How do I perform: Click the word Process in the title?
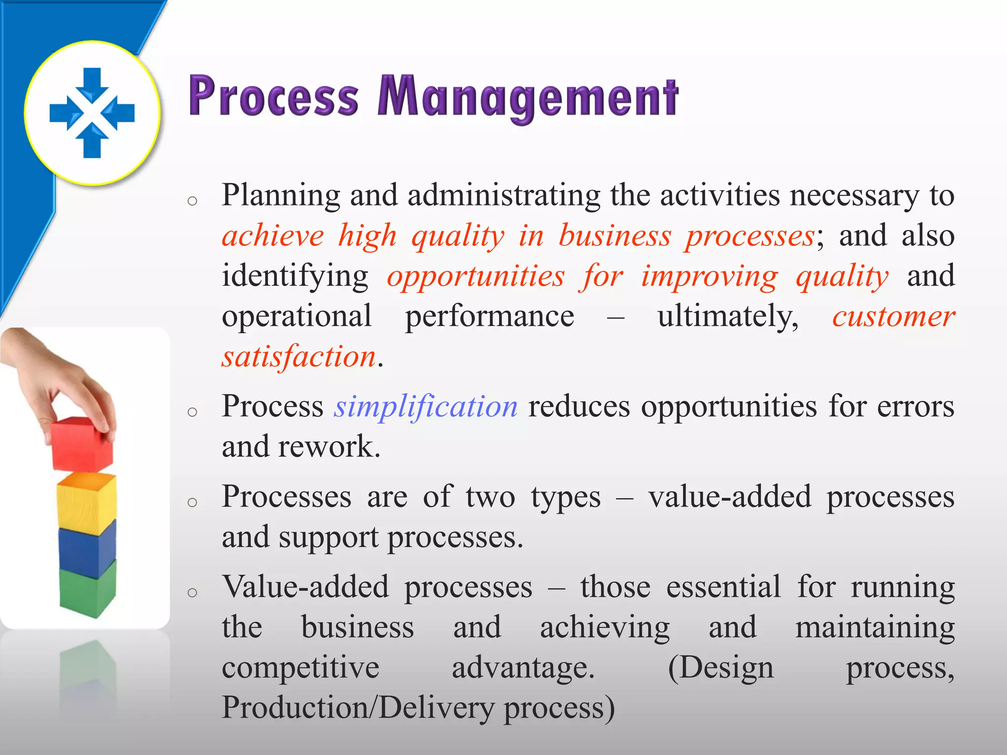(x=273, y=96)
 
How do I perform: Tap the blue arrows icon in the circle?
(x=92, y=113)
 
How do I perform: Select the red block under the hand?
(x=82, y=444)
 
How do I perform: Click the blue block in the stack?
(x=87, y=548)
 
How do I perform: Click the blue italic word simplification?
(x=426, y=407)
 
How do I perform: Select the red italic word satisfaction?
(x=299, y=356)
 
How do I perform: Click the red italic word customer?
(x=893, y=316)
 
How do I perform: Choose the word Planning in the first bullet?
(x=280, y=196)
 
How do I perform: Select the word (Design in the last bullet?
(x=721, y=668)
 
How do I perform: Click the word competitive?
(x=300, y=668)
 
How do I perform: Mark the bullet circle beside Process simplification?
(x=192, y=411)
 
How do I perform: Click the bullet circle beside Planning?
(x=192, y=201)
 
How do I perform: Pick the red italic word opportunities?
(x=475, y=276)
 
